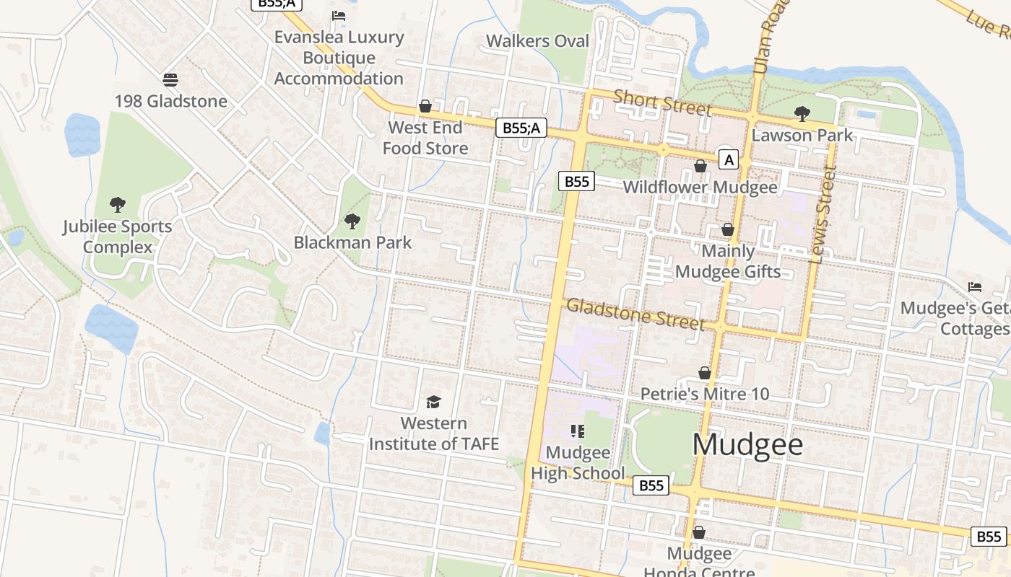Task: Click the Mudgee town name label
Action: coord(747,444)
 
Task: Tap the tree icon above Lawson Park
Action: coord(802,113)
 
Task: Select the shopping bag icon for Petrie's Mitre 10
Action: coord(705,373)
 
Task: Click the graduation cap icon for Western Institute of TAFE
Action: coord(433,402)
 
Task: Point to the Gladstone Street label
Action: coord(635,314)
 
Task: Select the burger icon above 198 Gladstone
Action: coord(170,79)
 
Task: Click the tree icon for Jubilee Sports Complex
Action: coord(117,205)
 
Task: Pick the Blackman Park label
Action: coord(352,242)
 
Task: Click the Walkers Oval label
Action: coord(537,41)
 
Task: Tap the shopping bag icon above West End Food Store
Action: coord(426,107)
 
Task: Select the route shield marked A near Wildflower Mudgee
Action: coord(729,159)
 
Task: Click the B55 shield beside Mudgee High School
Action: coord(651,485)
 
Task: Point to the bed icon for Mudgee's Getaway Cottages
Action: coord(975,287)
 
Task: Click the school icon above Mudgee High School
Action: coord(577,431)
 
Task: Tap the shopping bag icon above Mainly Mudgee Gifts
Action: coord(728,229)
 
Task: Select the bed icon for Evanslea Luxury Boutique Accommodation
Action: coord(338,15)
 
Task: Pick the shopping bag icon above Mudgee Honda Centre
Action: coord(699,532)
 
